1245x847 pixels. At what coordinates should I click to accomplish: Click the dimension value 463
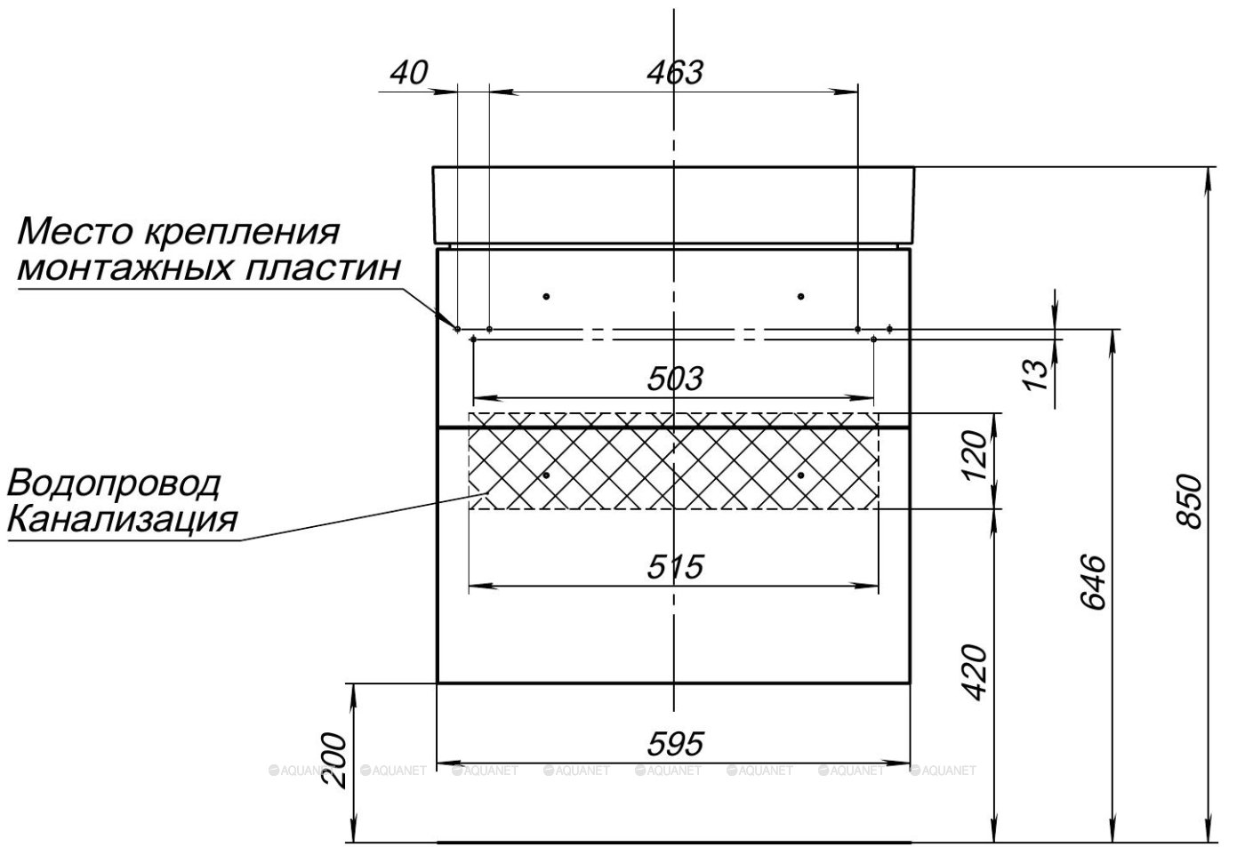click(674, 72)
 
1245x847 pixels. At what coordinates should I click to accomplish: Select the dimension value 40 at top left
click(409, 72)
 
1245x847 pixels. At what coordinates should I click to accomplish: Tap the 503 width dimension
click(674, 379)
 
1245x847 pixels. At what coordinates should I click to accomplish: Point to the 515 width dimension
click(674, 565)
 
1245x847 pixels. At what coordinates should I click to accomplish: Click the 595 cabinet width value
click(674, 743)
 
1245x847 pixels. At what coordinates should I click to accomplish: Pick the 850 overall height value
click(1190, 502)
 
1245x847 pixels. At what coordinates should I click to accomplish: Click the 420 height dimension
click(976, 672)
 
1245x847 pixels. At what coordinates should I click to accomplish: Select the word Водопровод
click(114, 484)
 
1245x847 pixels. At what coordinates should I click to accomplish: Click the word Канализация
click(123, 518)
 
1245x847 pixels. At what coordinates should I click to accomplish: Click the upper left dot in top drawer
click(546, 295)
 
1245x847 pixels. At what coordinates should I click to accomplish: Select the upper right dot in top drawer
click(800, 295)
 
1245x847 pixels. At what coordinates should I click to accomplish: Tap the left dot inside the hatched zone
click(546, 475)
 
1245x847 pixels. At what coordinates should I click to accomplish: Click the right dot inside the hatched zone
click(800, 475)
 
